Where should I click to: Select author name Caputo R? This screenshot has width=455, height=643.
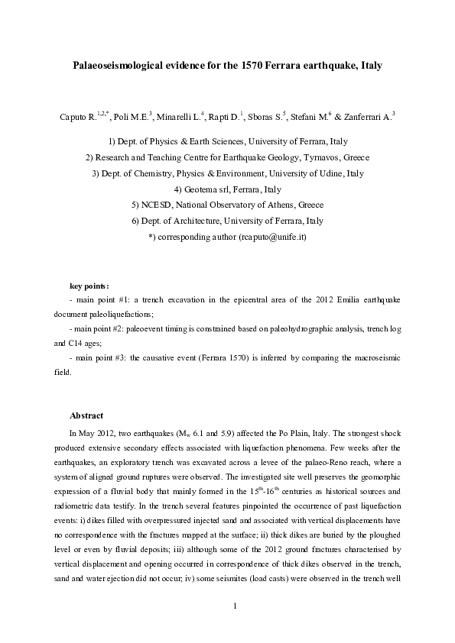click(77, 117)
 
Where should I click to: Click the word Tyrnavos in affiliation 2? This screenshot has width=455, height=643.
click(308, 157)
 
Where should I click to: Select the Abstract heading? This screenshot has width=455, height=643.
click(86, 415)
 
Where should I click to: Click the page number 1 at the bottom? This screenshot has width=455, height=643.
click(236, 606)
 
